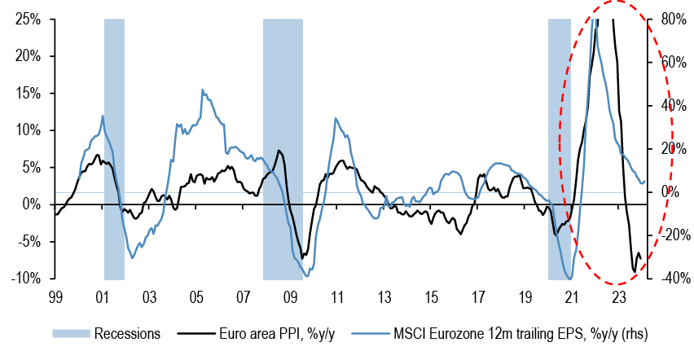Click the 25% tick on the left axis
click(29, 19)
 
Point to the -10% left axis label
click(26, 278)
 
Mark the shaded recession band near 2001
click(114, 147)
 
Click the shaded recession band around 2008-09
click(283, 147)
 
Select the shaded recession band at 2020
click(560, 147)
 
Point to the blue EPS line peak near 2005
click(203, 90)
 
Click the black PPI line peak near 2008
click(279, 151)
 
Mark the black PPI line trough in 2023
click(635, 272)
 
